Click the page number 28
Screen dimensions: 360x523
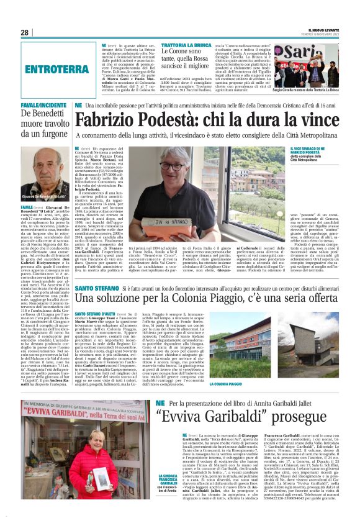coord(25,32)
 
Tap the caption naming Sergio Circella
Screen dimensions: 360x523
coord(316,90)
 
